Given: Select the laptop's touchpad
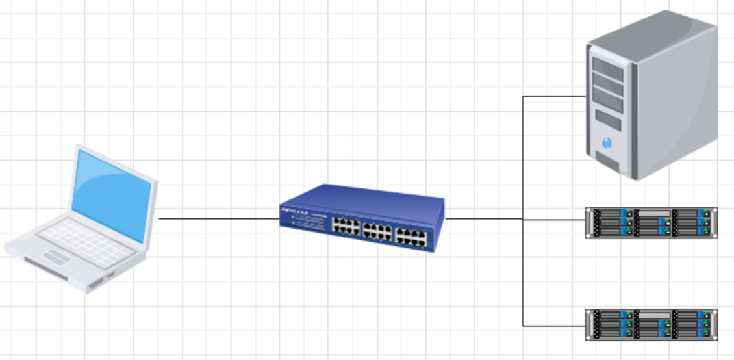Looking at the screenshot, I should tap(58, 258).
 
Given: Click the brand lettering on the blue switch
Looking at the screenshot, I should tap(296, 211).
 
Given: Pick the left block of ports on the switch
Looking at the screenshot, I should tap(347, 227).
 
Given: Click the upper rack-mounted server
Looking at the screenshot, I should tap(651, 222).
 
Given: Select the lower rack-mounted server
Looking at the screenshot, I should tap(651, 324).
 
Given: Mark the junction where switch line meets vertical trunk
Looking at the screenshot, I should tap(523, 219).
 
